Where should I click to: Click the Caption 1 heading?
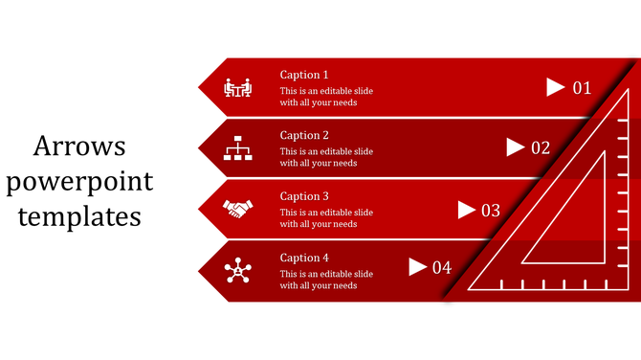coord(304,75)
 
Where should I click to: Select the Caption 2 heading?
coord(304,136)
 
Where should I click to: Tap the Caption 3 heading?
coord(304,197)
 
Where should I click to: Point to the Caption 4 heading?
coord(304,259)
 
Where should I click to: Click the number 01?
coord(583,88)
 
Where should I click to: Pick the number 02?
coord(541,148)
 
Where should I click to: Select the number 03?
coord(491,211)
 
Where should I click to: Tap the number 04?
coord(441,268)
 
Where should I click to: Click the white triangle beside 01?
coord(555,87)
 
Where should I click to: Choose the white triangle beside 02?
coord(515,147)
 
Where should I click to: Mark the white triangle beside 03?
coord(467,209)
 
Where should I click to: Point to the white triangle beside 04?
coord(417,266)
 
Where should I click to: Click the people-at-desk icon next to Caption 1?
coord(237,87)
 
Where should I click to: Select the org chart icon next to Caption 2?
coord(237,148)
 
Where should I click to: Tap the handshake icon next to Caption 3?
coord(237,207)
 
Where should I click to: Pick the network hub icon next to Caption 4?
coord(237,271)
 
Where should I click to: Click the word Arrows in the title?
coord(79,146)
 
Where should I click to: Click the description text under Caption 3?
coord(326,218)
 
